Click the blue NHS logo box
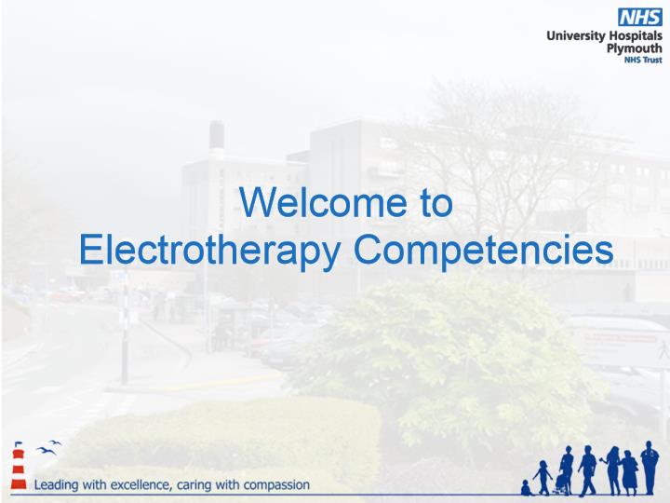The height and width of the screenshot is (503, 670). [639, 18]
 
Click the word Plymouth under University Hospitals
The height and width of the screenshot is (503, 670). [634, 48]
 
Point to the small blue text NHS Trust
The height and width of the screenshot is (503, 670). [643, 60]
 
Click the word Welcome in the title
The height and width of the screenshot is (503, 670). [324, 202]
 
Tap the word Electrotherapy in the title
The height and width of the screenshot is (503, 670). [209, 251]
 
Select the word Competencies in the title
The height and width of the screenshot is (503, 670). [483, 251]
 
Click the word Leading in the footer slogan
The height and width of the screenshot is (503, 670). [57, 485]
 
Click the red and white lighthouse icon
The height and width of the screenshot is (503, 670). [19, 467]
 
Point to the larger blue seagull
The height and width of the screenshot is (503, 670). [46, 451]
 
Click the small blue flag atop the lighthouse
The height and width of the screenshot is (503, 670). [19, 443]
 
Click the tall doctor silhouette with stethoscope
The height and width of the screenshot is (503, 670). [650, 468]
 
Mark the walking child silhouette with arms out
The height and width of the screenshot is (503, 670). [543, 478]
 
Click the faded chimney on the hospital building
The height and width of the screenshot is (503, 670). [217, 136]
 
